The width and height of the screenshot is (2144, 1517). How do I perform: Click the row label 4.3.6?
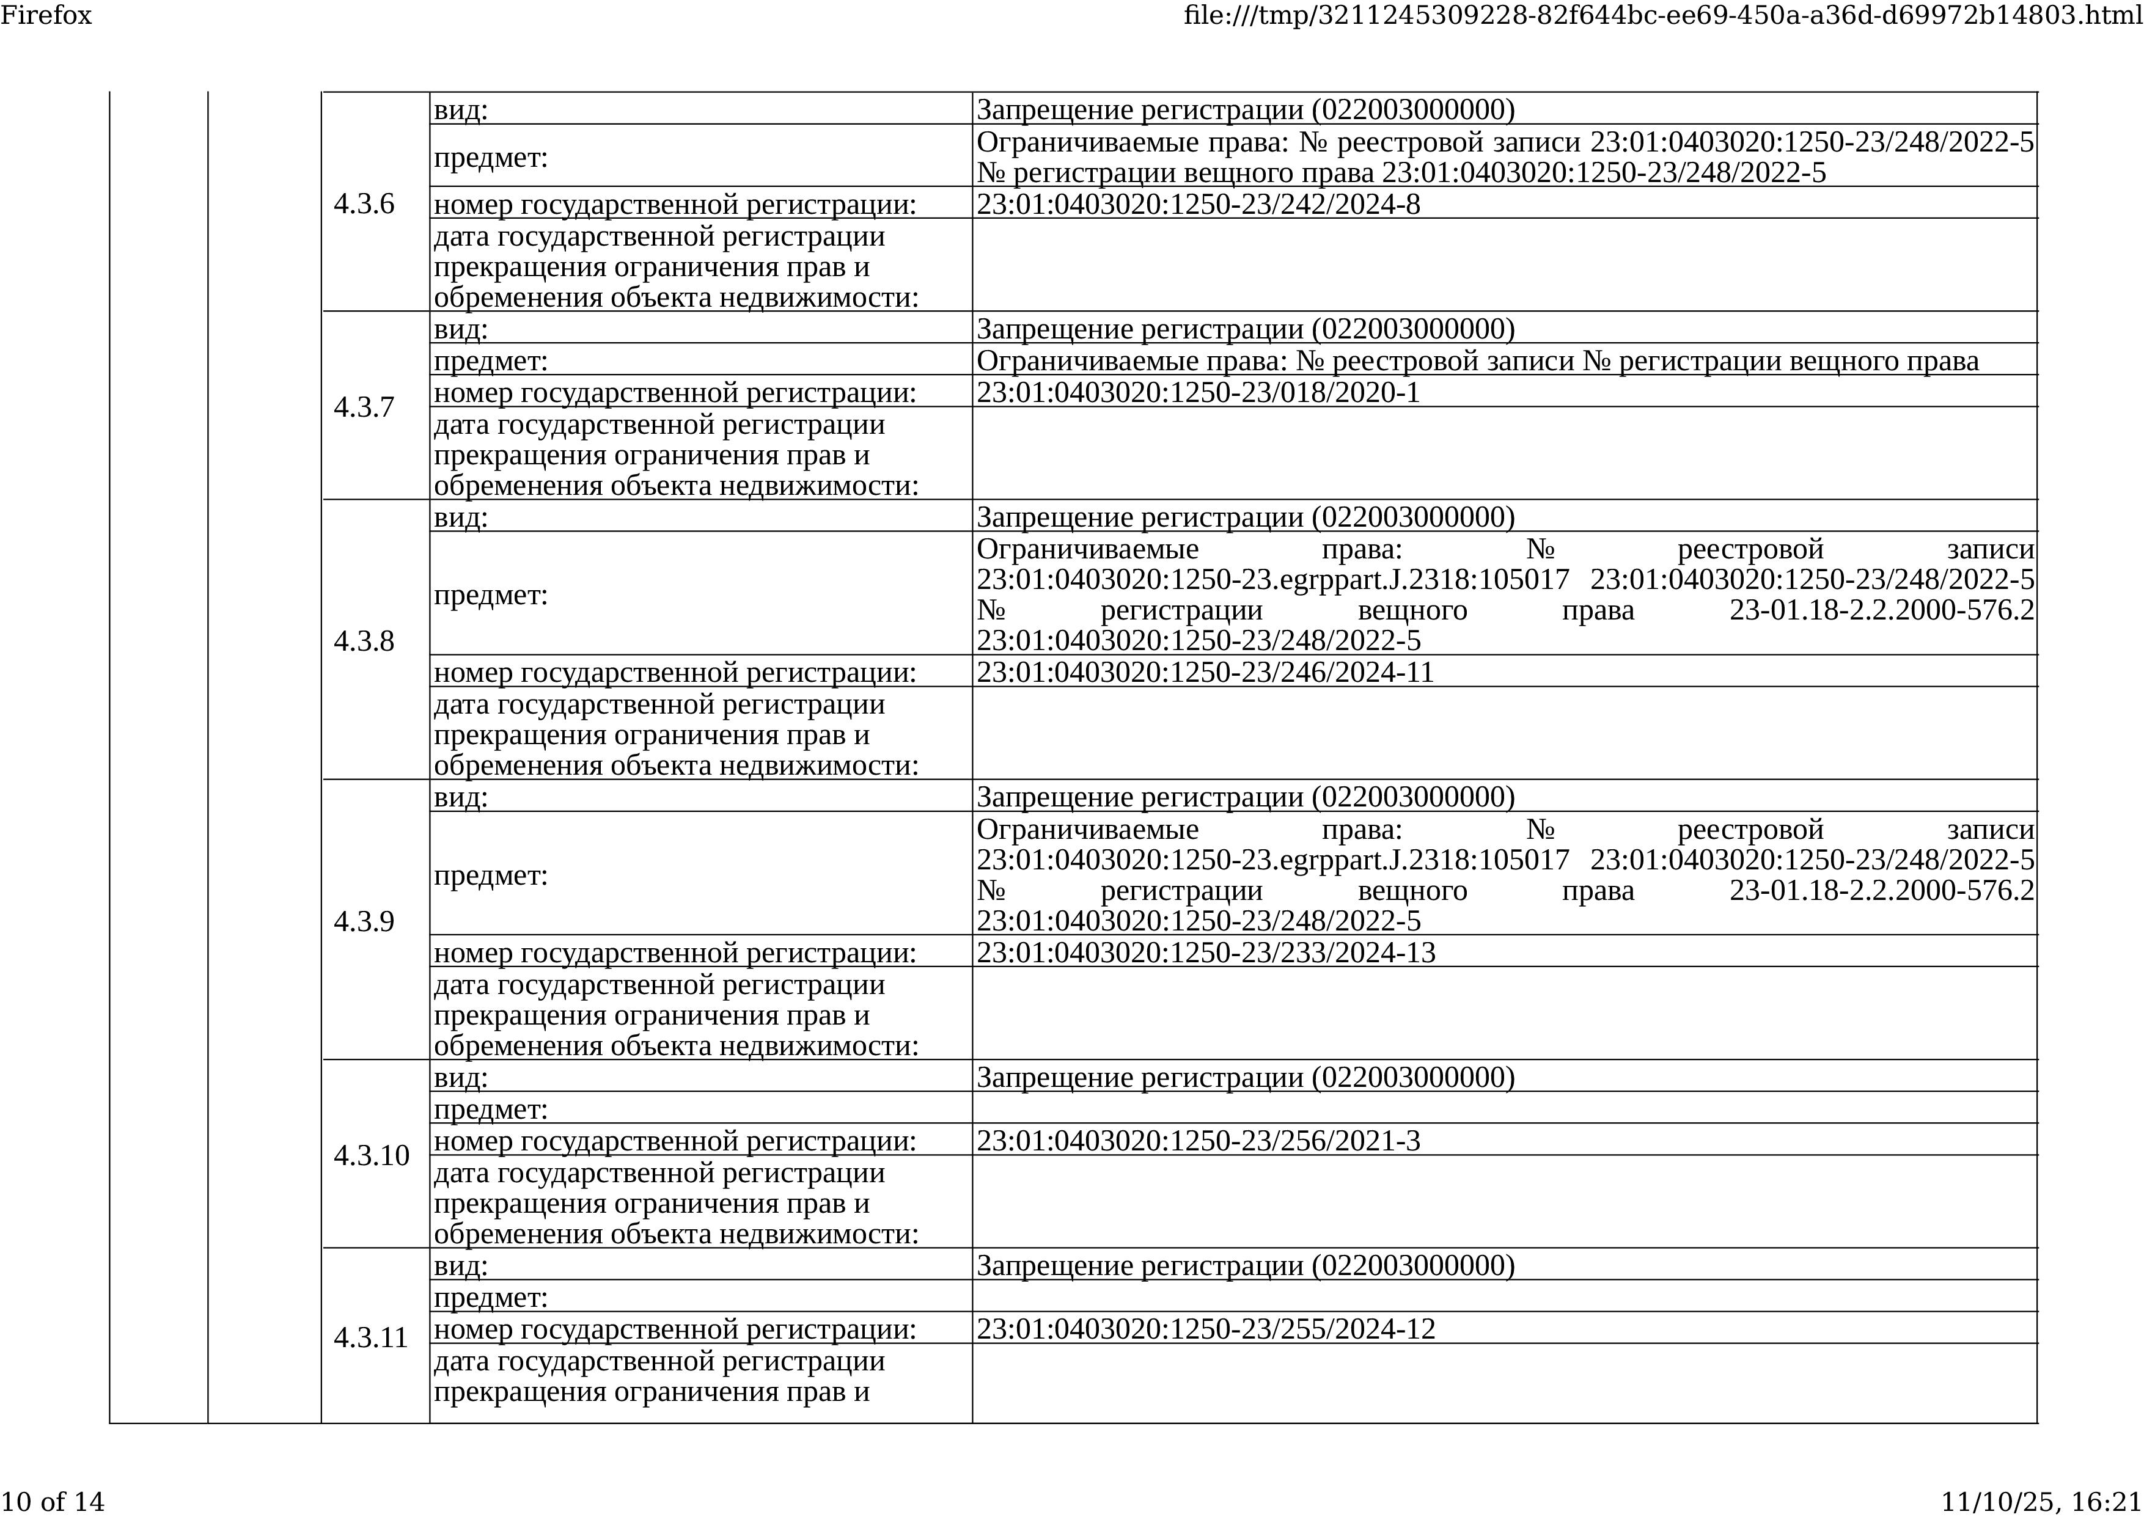(364, 203)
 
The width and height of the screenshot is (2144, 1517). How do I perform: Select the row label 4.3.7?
(364, 408)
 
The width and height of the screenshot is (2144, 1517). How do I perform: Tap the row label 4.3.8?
(364, 641)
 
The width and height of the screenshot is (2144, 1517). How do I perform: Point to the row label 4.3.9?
(364, 921)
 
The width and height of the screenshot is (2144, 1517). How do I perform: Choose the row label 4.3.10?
(371, 1155)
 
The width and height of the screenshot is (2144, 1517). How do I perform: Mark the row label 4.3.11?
(371, 1337)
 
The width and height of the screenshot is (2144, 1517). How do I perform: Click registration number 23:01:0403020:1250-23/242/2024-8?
(1198, 203)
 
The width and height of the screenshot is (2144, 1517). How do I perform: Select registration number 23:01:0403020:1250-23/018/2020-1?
(1198, 392)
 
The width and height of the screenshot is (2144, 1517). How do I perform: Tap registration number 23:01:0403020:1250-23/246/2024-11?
(1204, 673)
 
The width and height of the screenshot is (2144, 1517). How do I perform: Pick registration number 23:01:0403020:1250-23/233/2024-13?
(1205, 953)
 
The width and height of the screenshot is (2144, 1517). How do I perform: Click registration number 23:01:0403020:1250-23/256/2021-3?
(1198, 1141)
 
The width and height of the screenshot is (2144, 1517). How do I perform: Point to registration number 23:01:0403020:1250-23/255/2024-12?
(1205, 1329)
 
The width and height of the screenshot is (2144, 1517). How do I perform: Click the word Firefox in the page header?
(46, 15)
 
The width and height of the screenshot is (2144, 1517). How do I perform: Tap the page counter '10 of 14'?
(53, 1501)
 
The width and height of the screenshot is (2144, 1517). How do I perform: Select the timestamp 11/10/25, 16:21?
(2041, 1501)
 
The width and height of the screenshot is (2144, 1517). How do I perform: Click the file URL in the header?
(1662, 15)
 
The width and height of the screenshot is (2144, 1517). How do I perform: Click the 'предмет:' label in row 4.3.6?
(490, 158)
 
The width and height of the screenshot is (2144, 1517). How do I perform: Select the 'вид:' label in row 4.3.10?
(461, 1078)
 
